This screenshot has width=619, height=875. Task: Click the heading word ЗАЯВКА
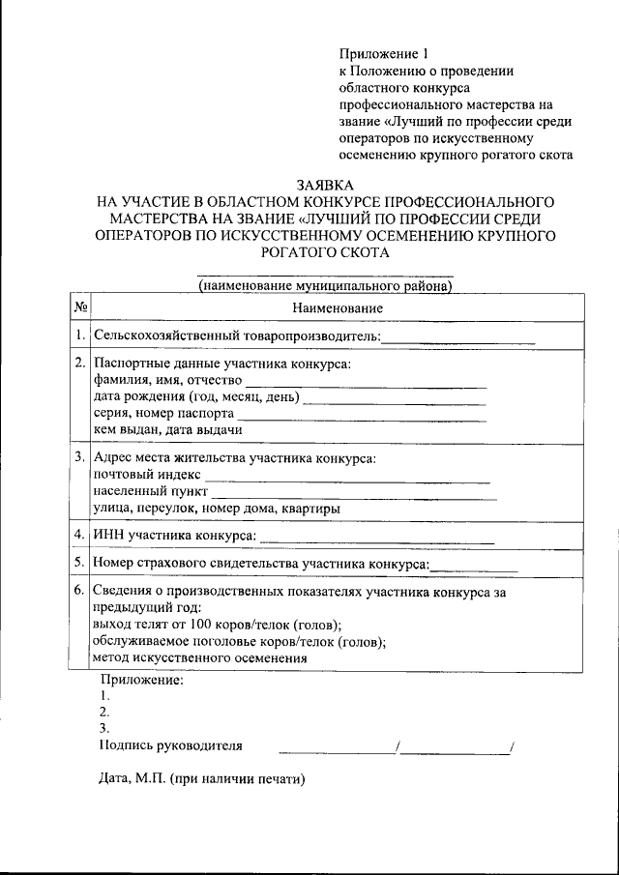click(x=325, y=185)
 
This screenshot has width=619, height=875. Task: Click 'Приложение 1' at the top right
click(x=382, y=53)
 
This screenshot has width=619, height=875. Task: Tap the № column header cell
click(x=81, y=307)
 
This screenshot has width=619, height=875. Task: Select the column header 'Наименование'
click(x=337, y=307)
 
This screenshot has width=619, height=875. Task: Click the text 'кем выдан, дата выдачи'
click(x=167, y=430)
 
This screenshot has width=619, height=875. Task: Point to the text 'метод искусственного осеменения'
click(x=199, y=657)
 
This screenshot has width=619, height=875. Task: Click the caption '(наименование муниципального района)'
click(x=325, y=286)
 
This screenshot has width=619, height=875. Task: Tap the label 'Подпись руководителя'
click(x=171, y=745)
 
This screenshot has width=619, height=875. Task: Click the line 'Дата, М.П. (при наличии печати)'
click(x=201, y=778)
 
